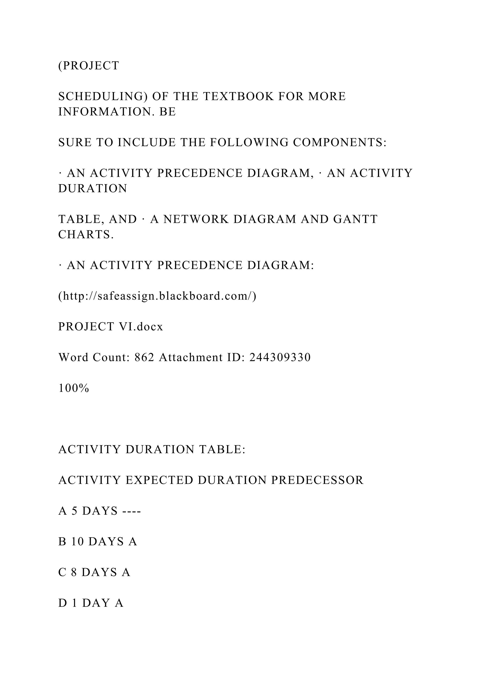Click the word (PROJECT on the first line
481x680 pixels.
[89, 66]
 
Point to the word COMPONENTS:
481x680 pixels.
[340, 143]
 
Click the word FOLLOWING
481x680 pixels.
[249, 143]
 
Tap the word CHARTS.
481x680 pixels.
[86, 235]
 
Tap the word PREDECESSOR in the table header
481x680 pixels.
[317, 480]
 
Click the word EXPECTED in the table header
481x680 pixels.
[159, 480]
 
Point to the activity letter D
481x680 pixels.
[62, 603]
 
